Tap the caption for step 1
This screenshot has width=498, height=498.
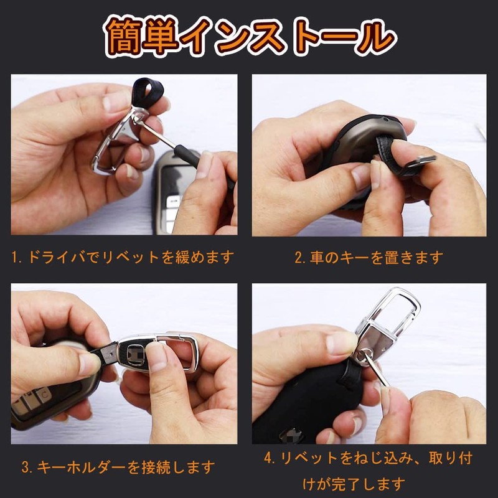pos(123,256)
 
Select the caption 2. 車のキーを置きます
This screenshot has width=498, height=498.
pos(369,256)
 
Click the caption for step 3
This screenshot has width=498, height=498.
pos(118,466)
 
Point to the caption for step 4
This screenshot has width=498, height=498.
pos(369,470)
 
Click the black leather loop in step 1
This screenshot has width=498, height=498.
pos(148,93)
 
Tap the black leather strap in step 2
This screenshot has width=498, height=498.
pos(398,163)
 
